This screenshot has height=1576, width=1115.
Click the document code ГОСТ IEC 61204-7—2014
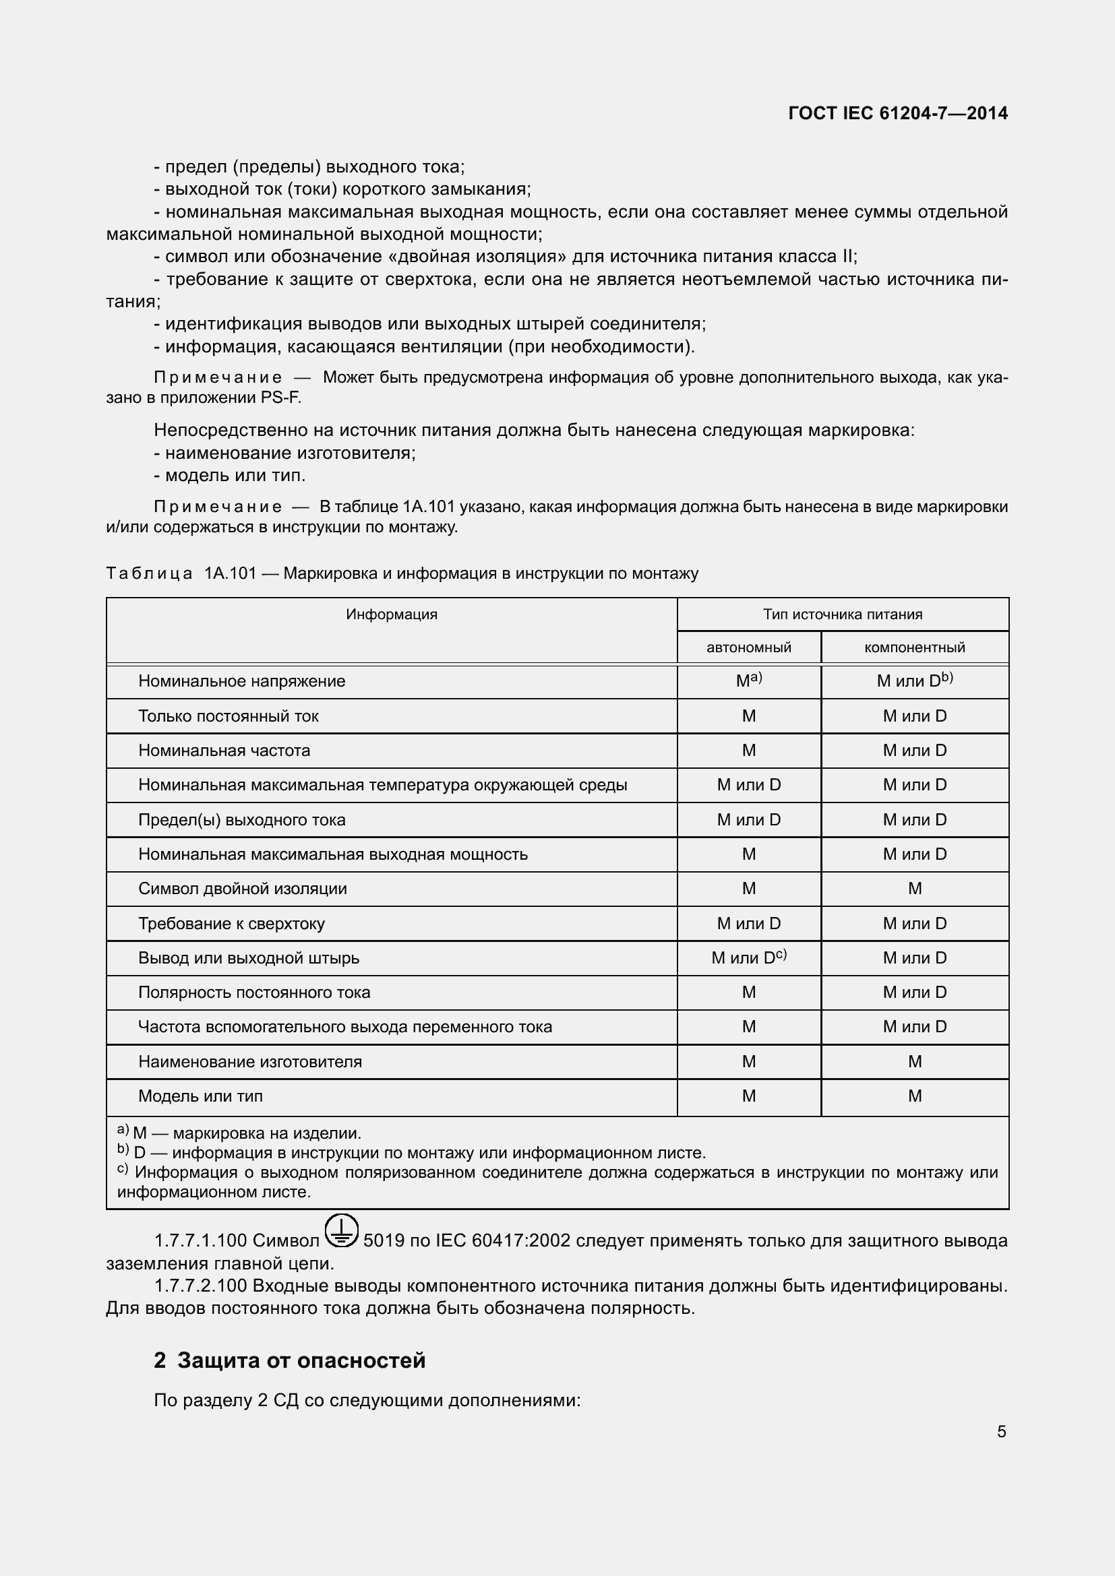point(897,113)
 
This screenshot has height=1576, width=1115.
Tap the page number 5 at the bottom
point(1001,1431)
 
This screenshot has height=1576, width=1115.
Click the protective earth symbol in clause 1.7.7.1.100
point(341,1230)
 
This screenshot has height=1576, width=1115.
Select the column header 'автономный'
point(748,648)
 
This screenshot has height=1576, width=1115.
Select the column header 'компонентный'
point(915,648)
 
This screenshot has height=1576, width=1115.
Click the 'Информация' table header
point(392,614)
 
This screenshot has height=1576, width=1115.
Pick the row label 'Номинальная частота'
point(224,750)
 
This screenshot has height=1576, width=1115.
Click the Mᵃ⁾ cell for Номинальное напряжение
point(748,681)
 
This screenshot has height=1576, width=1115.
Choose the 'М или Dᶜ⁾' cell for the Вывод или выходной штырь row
point(748,957)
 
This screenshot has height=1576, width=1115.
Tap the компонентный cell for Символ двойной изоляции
point(915,889)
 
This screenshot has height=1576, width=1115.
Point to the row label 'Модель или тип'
point(200,1096)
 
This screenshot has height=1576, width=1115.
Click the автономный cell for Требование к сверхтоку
point(748,923)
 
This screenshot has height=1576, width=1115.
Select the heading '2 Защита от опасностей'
point(289,1360)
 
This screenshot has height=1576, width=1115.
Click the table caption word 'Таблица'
point(149,573)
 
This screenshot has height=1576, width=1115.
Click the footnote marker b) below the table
point(122,1149)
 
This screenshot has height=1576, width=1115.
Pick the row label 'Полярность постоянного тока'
point(254,992)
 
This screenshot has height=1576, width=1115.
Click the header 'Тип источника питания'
point(843,614)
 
